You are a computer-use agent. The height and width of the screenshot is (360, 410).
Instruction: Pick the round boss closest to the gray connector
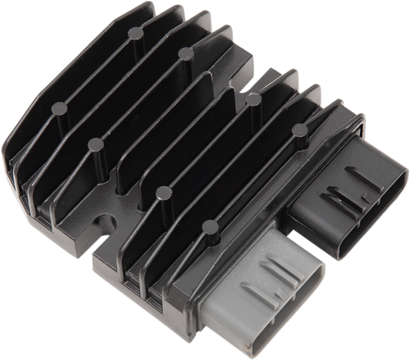tap(211, 226)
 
